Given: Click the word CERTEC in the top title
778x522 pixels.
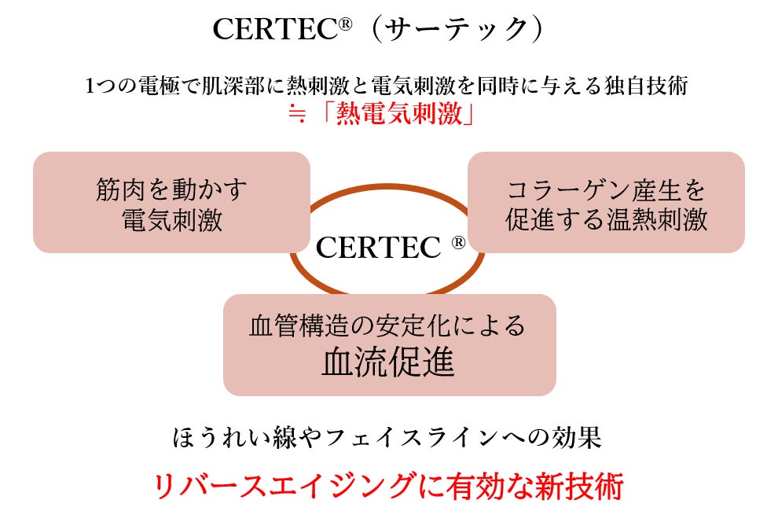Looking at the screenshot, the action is click(x=275, y=30).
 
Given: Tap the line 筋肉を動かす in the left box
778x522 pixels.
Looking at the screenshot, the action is click(x=172, y=189).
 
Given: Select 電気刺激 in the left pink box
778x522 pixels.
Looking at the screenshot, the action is click(x=172, y=219).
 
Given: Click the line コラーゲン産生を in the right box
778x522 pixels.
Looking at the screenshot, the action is click(x=606, y=189).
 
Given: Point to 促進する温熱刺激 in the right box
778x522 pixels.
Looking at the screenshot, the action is click(x=606, y=219).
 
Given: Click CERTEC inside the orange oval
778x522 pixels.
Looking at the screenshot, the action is click(x=377, y=248).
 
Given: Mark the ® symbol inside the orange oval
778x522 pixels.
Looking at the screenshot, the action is click(x=458, y=243).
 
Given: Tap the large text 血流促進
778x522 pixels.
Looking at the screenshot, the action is click(x=388, y=362).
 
